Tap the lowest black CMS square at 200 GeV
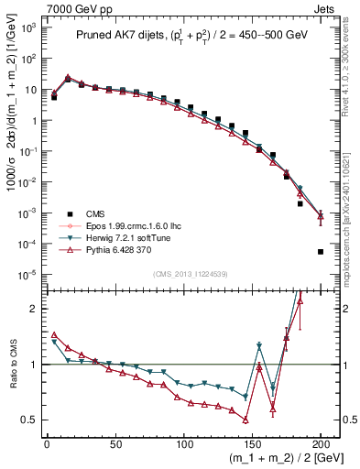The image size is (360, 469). [x=321, y=252]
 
